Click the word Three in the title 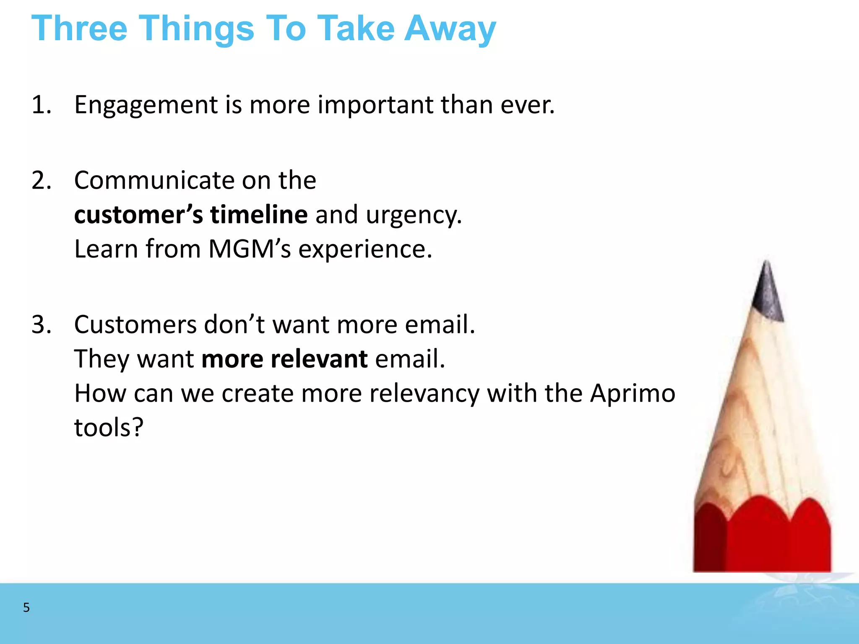(79, 29)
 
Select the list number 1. (41, 105)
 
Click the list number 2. (41, 181)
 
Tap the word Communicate (154, 181)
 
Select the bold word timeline (259, 215)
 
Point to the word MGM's (249, 249)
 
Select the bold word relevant (319, 359)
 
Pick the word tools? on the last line (109, 428)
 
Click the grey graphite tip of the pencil (767, 293)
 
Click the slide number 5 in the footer (26, 608)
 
